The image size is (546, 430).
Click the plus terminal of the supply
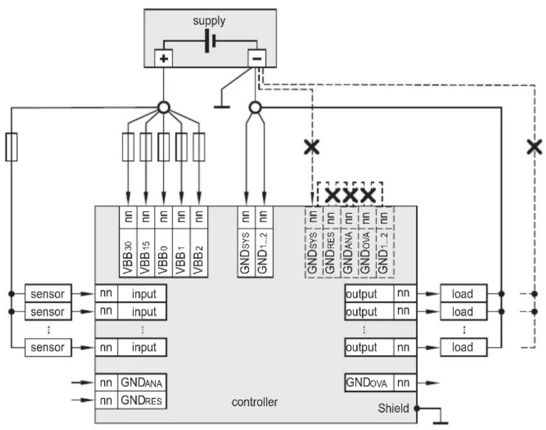pyautogui.click(x=164, y=58)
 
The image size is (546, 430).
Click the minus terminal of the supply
pyautogui.click(x=256, y=58)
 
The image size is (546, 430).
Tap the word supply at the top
pyautogui.click(x=209, y=20)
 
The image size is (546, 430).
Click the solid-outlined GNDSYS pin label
pyautogui.click(x=246, y=253)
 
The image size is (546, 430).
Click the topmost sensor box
pyautogui.click(x=48, y=293)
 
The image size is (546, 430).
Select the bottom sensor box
pyautogui.click(x=48, y=347)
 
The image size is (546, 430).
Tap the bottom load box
pyautogui.click(x=463, y=347)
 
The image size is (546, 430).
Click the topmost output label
pyautogui.click(x=361, y=294)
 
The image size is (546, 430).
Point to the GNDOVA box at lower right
pyautogui.click(x=369, y=383)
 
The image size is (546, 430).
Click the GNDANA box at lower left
pyautogui.click(x=142, y=383)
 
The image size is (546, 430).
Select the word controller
pyautogui.click(x=255, y=402)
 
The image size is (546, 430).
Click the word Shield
pyautogui.click(x=393, y=408)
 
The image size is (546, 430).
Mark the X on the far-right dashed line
pyautogui.click(x=534, y=147)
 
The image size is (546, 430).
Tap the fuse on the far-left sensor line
pyautogui.click(x=12, y=147)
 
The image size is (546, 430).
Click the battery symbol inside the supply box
pyautogui.click(x=210, y=40)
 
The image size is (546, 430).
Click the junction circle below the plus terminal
pyautogui.click(x=164, y=107)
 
